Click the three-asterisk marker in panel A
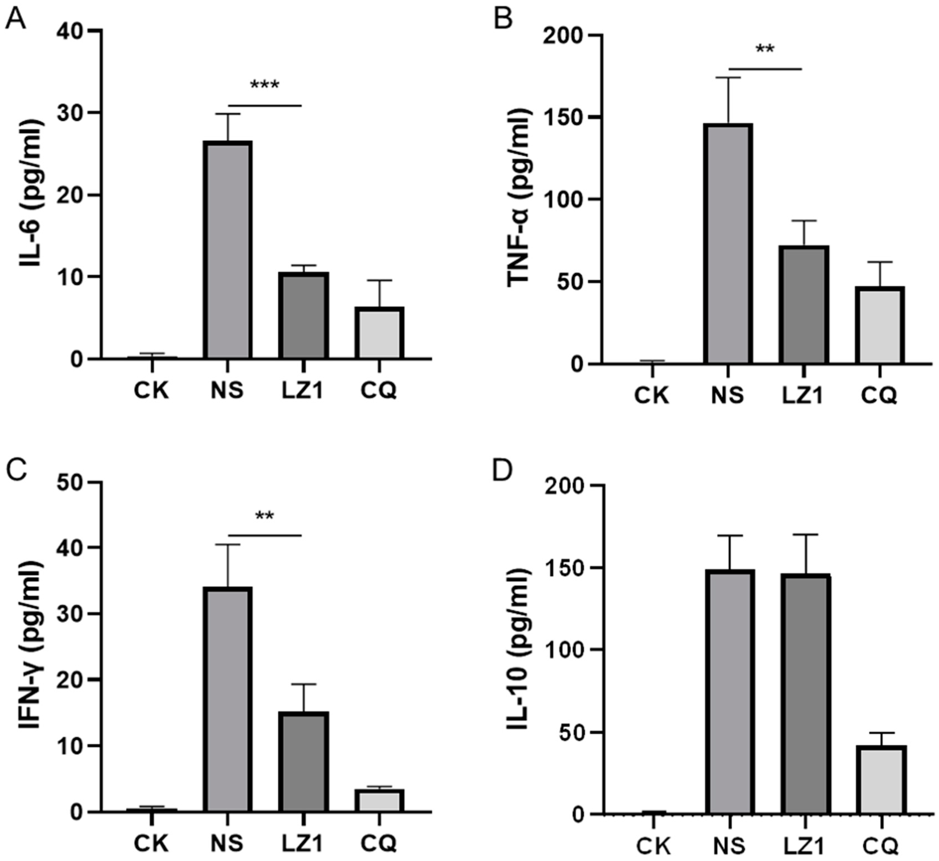[x=265, y=86]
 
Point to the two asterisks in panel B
[x=765, y=50]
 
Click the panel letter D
[x=503, y=471]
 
